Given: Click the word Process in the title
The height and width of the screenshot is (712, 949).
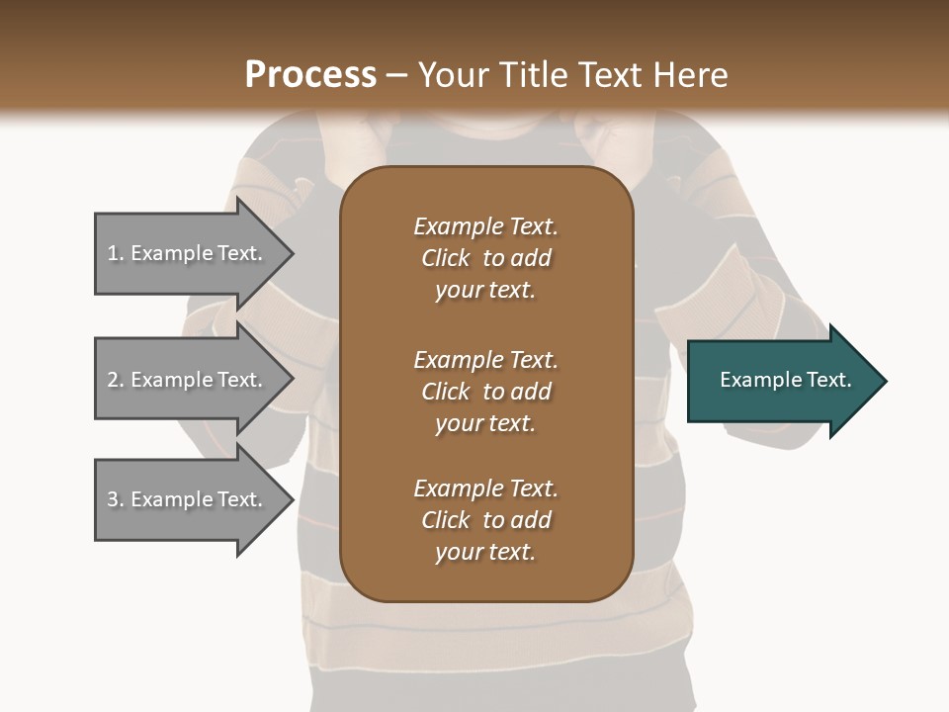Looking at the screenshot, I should [x=310, y=75].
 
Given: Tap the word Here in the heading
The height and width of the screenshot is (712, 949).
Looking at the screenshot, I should [x=688, y=75].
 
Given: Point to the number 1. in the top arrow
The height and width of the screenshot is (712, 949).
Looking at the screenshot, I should [x=116, y=253].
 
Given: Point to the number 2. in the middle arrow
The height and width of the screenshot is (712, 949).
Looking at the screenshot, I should [x=116, y=380].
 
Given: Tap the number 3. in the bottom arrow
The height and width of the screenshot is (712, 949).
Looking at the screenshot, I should [x=116, y=499].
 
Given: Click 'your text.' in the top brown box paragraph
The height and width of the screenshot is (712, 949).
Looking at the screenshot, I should [x=485, y=290].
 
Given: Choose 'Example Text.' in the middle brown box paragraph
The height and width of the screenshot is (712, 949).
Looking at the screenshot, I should [x=485, y=360].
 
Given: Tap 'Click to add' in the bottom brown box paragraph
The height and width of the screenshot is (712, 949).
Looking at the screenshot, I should [x=485, y=520].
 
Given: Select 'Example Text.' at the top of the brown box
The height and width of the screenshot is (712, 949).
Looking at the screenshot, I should [x=485, y=226].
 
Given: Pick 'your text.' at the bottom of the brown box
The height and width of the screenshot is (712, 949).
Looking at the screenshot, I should [x=485, y=552].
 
